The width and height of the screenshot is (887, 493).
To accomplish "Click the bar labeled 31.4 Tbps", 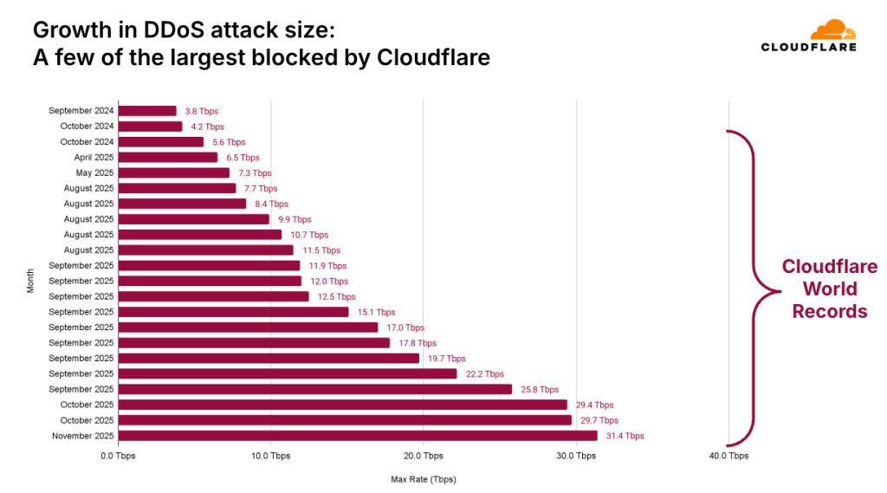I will point(358,436).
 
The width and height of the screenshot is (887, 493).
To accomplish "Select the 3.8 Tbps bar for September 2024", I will point(147,111).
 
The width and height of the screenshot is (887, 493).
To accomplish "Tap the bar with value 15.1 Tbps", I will point(233,312).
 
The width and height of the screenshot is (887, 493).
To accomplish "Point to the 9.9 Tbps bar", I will point(194,219).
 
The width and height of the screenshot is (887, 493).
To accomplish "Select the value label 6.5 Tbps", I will point(243,158).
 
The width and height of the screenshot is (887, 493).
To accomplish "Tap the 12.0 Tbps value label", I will point(328,282).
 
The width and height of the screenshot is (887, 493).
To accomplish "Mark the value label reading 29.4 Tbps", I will point(593,405).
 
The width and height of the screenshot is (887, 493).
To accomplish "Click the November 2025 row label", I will point(84,436).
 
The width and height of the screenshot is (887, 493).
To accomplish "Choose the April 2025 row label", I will point(94,158).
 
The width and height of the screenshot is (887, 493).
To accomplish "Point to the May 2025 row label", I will point(96,172).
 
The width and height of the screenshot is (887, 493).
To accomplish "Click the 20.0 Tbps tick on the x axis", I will point(423,456).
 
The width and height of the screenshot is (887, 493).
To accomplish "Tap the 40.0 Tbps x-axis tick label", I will point(728,456).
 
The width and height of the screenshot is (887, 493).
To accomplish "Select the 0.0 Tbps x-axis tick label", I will point(119,456).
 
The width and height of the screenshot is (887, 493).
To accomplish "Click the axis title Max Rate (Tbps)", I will point(423,479).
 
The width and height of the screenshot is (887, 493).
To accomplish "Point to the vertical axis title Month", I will point(30,281).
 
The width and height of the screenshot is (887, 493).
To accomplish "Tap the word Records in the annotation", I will point(830,311).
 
